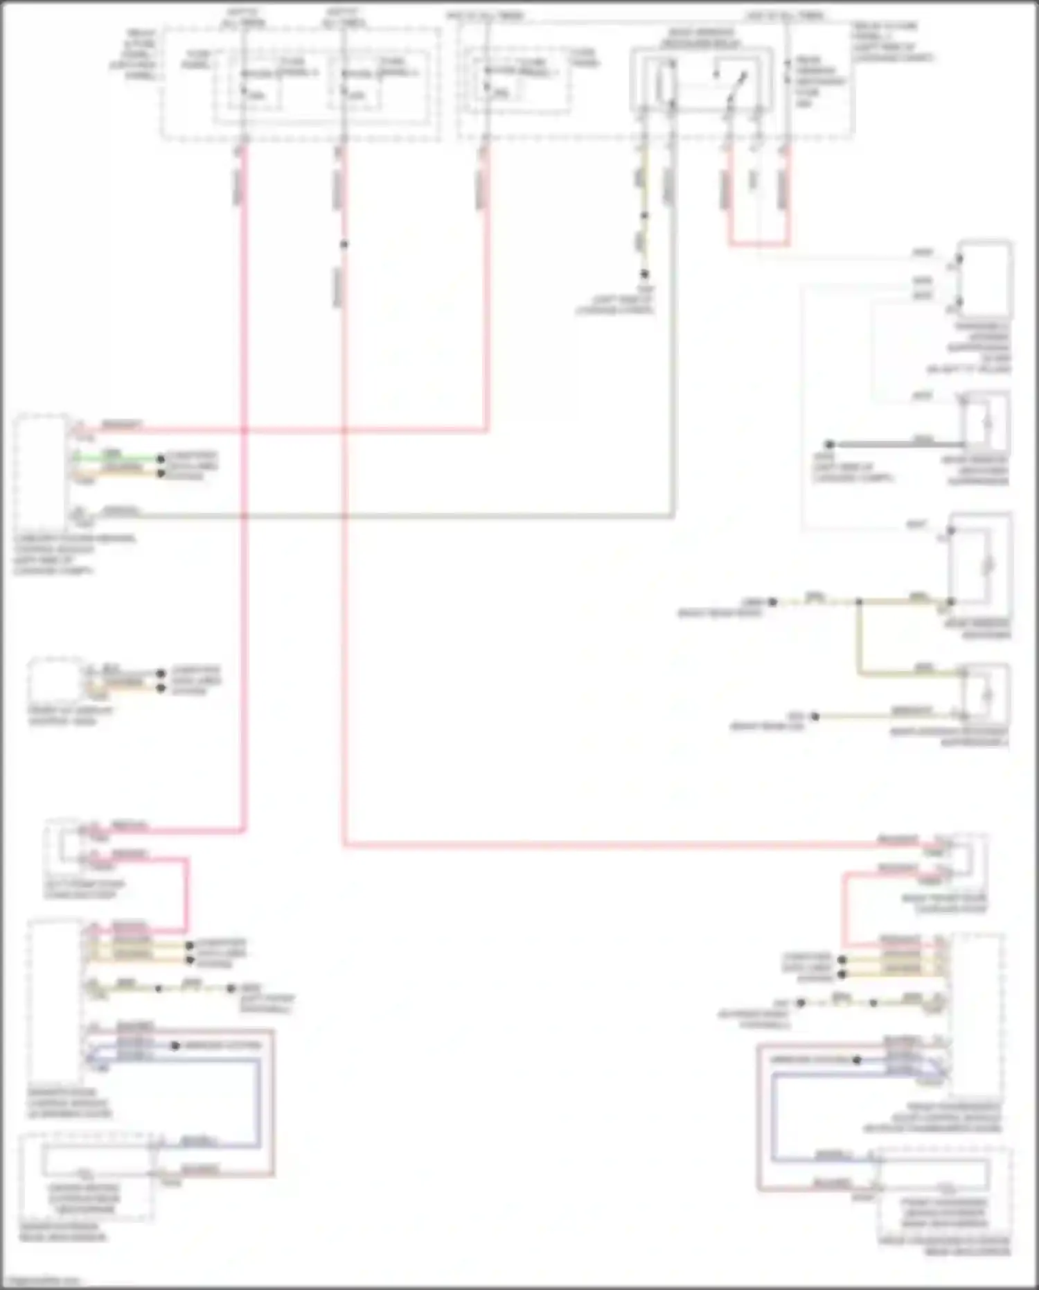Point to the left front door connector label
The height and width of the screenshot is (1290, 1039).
[x=83, y=889]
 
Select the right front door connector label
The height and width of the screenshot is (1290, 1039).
[x=944, y=903]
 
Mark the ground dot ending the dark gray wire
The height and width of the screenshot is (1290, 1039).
[x=829, y=444]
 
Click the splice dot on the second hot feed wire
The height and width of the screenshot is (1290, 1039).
[x=344, y=244]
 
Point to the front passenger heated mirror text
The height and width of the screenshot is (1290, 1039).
[x=944, y=1213]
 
